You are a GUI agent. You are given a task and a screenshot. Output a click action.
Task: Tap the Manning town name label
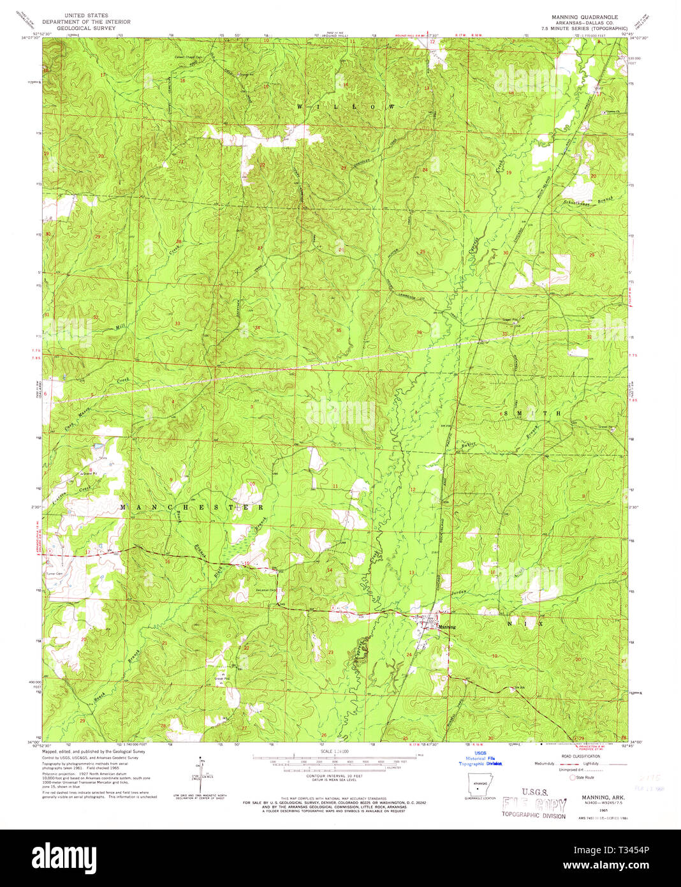pos(448,627)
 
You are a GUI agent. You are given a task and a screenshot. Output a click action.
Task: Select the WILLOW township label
pos(345,107)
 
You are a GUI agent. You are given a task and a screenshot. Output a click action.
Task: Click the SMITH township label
pos(532,414)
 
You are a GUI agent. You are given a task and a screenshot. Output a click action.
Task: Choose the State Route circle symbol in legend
pos(572,777)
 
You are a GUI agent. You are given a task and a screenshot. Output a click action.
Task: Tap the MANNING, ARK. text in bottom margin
pos(603,798)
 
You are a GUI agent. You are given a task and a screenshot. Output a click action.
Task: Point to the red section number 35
pos(339,330)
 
